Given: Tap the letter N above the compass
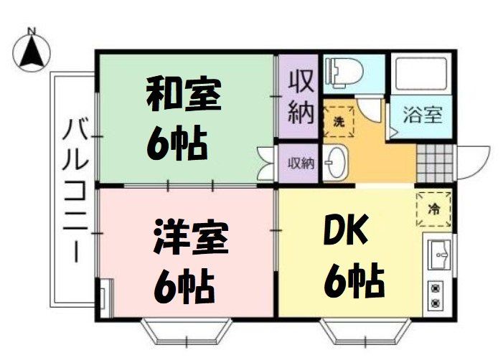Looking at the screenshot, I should tap(32, 31).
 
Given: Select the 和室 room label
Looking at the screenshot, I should tap(184, 98).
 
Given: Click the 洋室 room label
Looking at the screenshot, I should tap(191, 237).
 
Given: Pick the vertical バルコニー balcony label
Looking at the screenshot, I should tap(72, 191).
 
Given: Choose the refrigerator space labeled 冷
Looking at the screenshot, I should tap(433, 208).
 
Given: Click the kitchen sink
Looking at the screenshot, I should tap(437, 254).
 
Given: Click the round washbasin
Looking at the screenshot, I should tap(334, 164).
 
